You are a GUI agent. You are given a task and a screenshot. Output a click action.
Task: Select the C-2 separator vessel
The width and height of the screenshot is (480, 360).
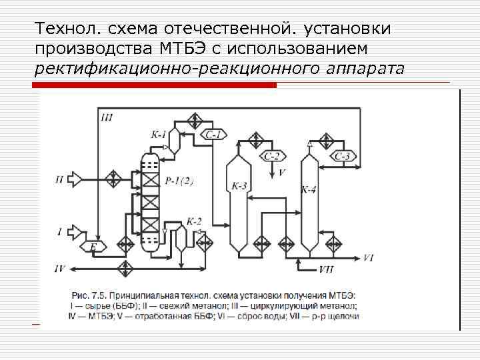pos(273,157)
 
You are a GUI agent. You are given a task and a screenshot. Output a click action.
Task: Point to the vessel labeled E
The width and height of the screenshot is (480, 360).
pos(93,247)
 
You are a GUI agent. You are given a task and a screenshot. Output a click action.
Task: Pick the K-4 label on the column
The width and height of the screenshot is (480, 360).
pos(309,190)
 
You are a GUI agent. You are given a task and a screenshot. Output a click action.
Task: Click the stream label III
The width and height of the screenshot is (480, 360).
pos(107,118)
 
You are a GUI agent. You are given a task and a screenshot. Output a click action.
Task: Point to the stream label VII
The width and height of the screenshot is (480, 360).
pos(327,269)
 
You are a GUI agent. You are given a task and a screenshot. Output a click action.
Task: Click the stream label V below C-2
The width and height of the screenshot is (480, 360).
pos(281,173)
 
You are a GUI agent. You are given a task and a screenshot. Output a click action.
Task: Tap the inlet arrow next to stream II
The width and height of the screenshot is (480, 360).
pos(75,179)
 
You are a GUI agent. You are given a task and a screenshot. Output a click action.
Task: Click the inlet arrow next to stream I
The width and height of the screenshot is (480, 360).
pos(75,231)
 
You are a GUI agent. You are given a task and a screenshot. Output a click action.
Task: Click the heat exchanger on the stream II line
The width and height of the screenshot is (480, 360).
pos(113,179)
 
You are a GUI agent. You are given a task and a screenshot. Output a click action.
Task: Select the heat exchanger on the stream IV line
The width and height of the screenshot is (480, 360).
pos(124,268)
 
